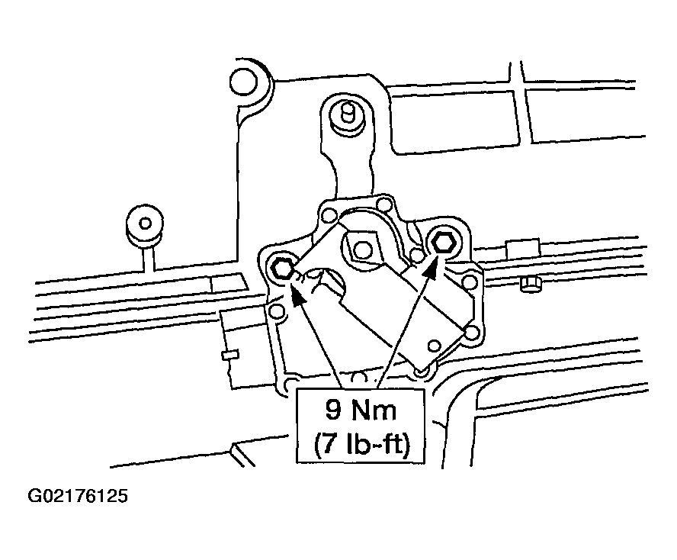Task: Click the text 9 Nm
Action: [361, 410]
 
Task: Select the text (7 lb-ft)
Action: [361, 444]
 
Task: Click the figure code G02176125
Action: [78, 496]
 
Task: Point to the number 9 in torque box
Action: [333, 410]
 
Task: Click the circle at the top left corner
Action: [243, 82]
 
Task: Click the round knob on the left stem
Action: [146, 224]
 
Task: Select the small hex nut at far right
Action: [531, 285]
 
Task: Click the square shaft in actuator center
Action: [362, 249]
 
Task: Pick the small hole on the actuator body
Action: [435, 346]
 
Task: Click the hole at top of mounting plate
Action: [383, 203]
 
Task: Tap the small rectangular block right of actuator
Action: [524, 249]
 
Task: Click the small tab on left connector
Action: [230, 355]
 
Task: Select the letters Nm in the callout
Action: [374, 410]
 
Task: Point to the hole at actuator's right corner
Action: [471, 333]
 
